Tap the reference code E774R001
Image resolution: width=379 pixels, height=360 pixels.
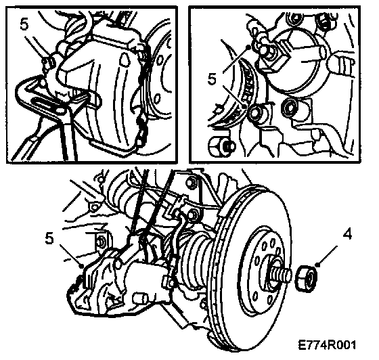[x=327, y=345]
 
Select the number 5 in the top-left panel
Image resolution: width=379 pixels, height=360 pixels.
[x=24, y=24]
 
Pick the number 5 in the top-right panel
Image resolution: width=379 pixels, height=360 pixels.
[x=212, y=79]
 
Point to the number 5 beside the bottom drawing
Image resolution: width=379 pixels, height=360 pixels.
[x=49, y=238]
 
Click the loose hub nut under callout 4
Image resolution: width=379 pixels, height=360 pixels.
[x=306, y=278]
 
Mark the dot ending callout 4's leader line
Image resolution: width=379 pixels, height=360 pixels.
[x=318, y=265]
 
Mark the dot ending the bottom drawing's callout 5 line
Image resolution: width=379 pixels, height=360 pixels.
[x=82, y=266]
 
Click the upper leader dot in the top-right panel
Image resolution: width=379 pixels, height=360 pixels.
[x=248, y=47]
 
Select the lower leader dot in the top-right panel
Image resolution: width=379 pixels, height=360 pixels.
[x=244, y=106]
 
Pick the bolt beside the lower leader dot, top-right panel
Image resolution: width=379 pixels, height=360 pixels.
[x=257, y=113]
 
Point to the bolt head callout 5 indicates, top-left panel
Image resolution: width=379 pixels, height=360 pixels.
[x=49, y=62]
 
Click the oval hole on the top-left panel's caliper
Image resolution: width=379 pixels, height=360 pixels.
[x=125, y=60]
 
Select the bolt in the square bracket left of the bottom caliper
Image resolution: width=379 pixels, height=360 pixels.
[x=100, y=242]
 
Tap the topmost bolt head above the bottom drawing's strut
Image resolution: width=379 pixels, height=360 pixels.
[x=191, y=182]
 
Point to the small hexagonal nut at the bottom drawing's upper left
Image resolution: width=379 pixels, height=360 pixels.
[x=93, y=207]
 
